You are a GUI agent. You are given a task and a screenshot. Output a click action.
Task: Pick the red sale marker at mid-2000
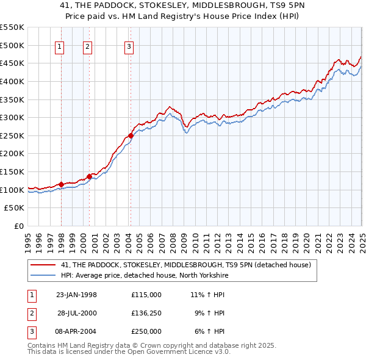pyautogui.click(x=89, y=176)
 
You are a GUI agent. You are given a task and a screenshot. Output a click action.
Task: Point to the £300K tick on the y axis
pyautogui.click(x=13, y=117)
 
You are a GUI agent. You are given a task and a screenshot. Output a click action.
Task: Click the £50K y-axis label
pyautogui.click(x=15, y=208)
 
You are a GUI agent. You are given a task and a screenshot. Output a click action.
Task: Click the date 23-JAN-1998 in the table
pyautogui.click(x=76, y=295)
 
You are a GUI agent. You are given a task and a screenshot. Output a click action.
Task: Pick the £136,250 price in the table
pyautogui.click(x=146, y=313)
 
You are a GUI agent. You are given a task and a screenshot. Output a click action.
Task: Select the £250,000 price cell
pyautogui.click(x=146, y=331)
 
